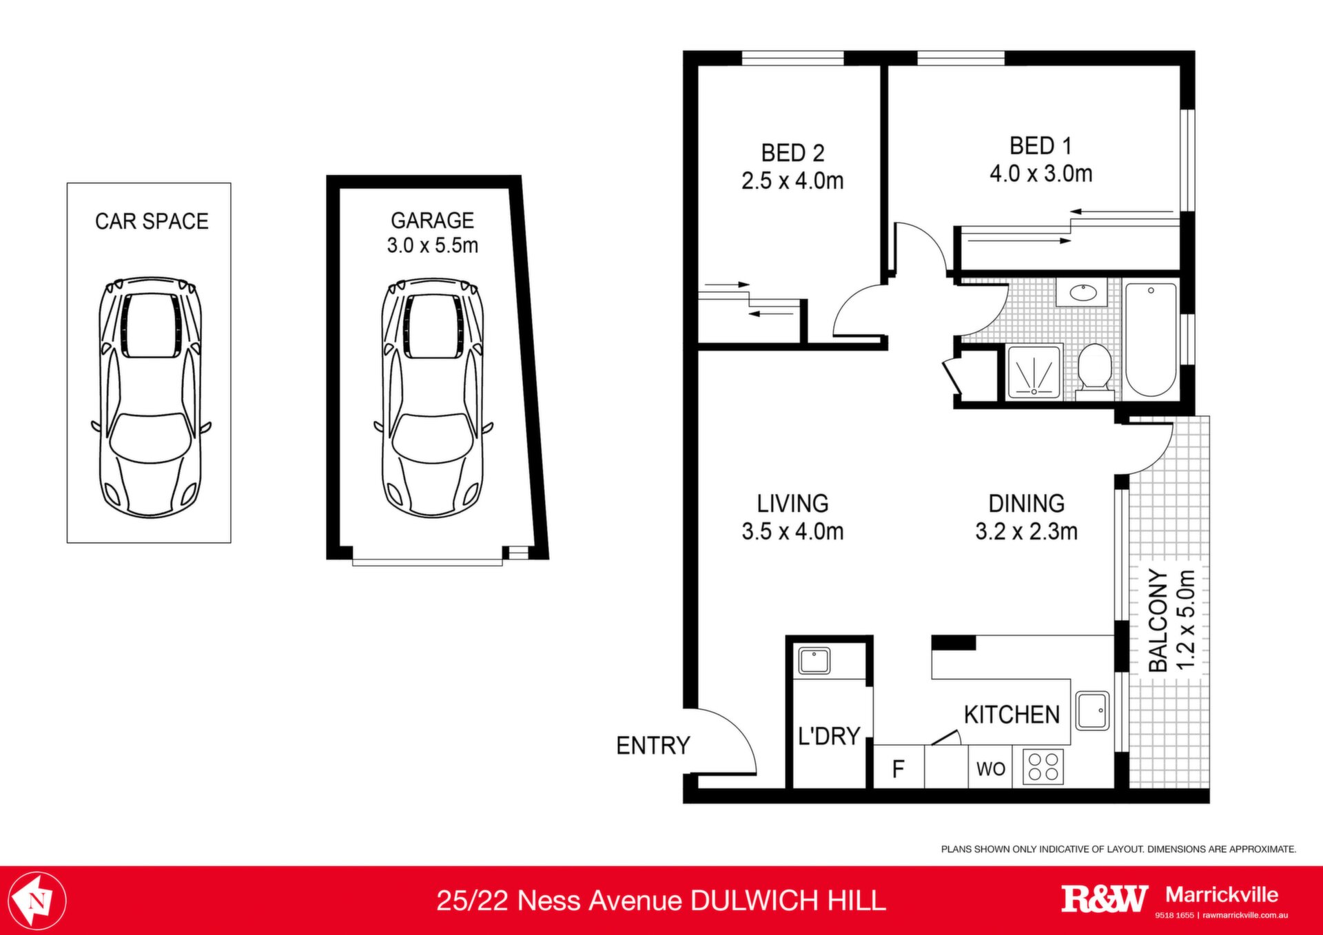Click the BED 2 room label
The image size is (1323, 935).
(x=792, y=153)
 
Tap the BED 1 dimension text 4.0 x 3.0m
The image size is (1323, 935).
(x=1041, y=174)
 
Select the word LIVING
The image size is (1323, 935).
(x=792, y=504)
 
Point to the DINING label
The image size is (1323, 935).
(x=1027, y=504)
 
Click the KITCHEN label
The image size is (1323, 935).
(x=1012, y=715)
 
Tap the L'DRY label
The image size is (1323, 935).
(x=829, y=736)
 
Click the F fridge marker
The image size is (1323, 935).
(x=898, y=768)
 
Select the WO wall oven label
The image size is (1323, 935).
(x=991, y=769)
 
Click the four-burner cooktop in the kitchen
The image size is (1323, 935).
(x=1043, y=767)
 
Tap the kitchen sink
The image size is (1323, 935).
(x=1092, y=710)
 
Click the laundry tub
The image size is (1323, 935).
(x=814, y=661)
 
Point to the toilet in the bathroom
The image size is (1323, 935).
(x=1094, y=371)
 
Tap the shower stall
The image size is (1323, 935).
(x=1034, y=373)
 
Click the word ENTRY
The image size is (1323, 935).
(x=653, y=746)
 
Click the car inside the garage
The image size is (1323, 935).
(x=433, y=398)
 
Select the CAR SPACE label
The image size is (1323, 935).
(x=152, y=221)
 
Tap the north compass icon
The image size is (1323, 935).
(x=38, y=900)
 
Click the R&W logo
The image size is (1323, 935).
(x=1105, y=899)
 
